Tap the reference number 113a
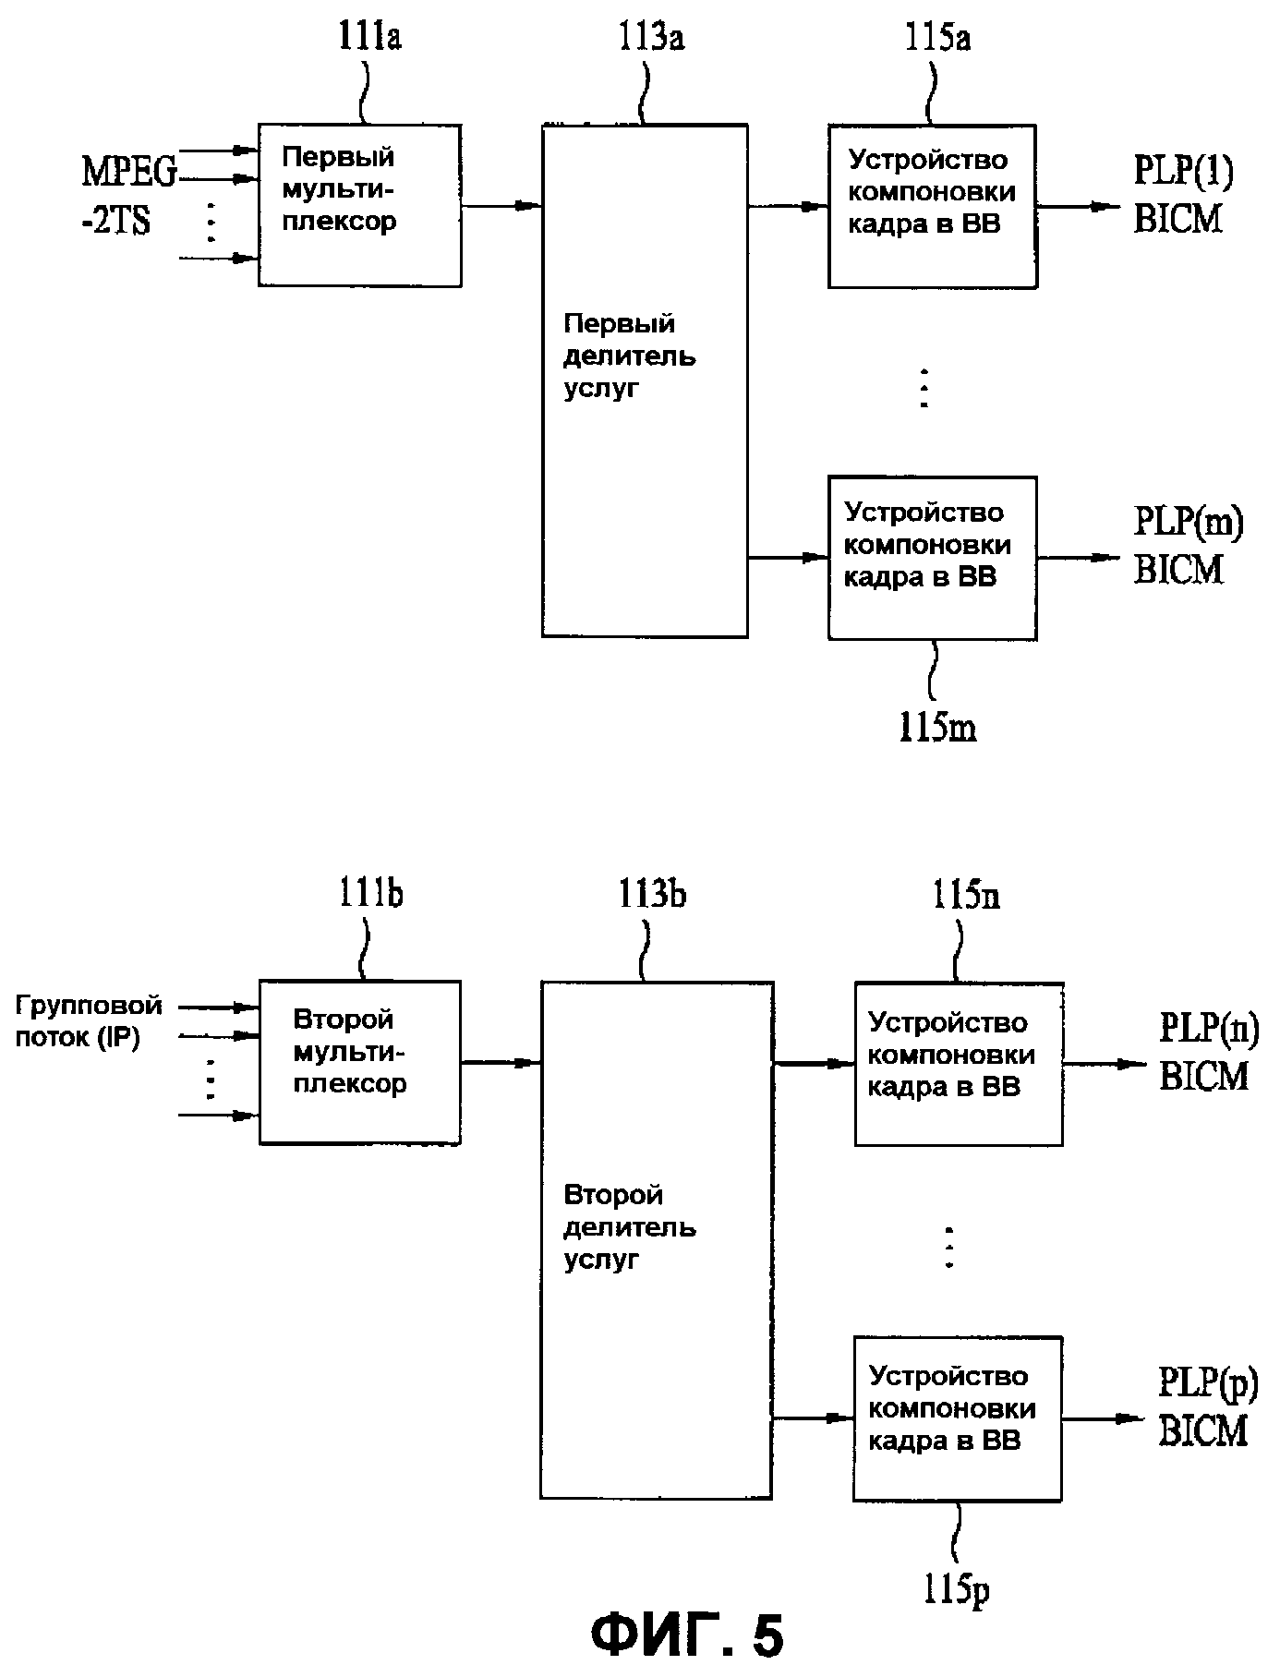(x=651, y=40)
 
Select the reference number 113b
(x=652, y=895)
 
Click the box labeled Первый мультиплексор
(x=359, y=205)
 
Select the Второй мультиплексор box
(x=359, y=1062)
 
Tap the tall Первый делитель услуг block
(x=644, y=380)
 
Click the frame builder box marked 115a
(x=931, y=206)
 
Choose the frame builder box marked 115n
(x=958, y=1064)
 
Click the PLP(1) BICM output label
(x=1182, y=194)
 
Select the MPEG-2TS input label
(x=129, y=194)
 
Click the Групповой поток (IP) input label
(x=89, y=1021)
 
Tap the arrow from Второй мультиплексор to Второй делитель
(x=501, y=1063)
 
